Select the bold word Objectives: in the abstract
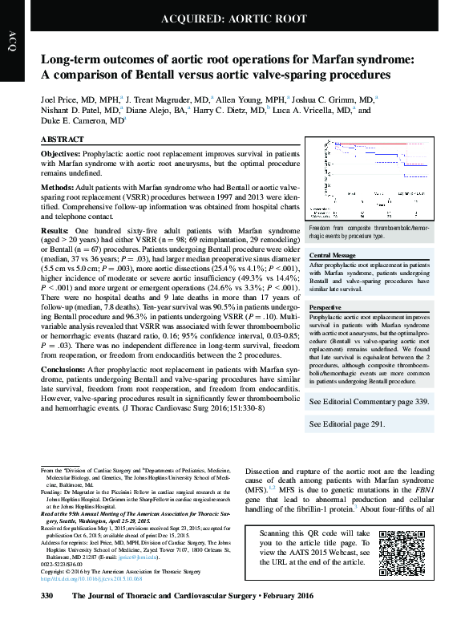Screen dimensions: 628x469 (x=66, y=152)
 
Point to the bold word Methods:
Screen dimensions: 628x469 (x=61, y=187)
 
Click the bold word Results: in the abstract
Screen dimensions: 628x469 (x=58, y=230)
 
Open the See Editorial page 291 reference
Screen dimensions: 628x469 (x=347, y=423)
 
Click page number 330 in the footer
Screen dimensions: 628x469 (x=46, y=619)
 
